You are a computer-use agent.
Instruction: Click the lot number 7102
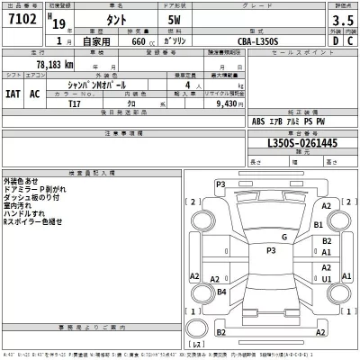pyautogui.click(x=23, y=21)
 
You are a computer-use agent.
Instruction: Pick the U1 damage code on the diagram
pyautogui.click(x=327, y=279)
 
